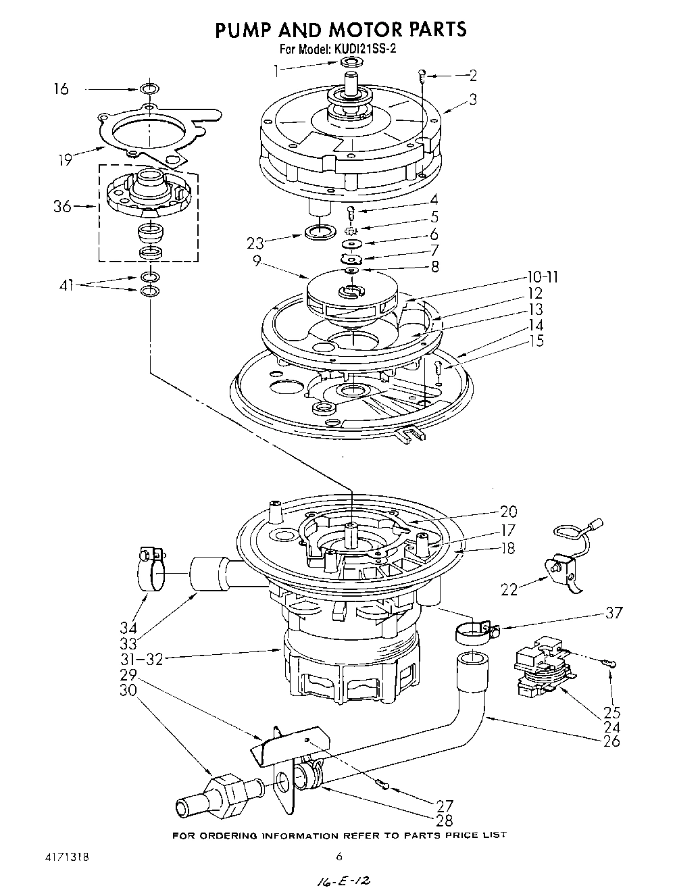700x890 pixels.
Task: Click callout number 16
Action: click(x=61, y=89)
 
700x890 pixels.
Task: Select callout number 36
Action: click(x=62, y=207)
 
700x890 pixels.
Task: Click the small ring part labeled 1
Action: click(x=350, y=63)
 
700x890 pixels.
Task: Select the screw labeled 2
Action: click(x=422, y=76)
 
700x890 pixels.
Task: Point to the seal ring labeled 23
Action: click(x=320, y=232)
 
